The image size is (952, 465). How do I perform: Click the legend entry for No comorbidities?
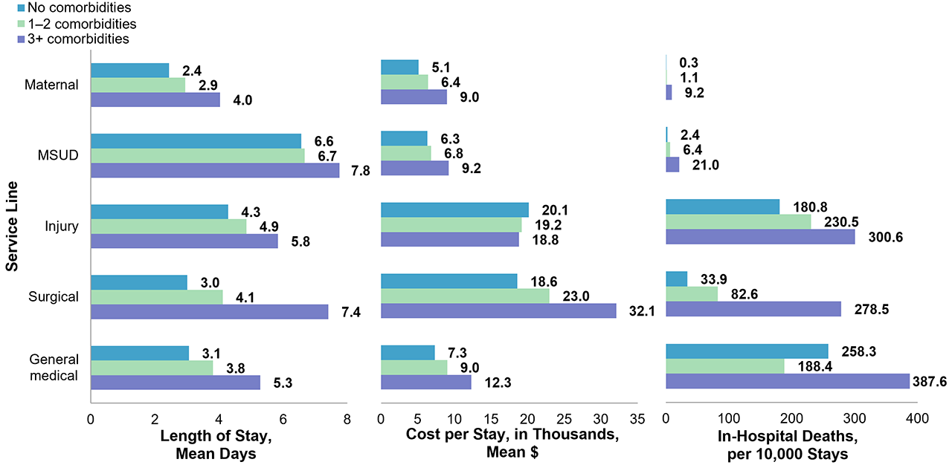point(74,9)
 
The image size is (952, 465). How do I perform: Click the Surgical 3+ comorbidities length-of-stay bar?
point(209,311)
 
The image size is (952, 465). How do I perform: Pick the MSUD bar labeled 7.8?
point(215,170)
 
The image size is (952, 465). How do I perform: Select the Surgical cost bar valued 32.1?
point(498,311)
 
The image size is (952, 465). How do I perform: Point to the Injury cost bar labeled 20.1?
point(454,210)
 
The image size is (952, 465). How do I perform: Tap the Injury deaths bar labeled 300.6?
point(760,237)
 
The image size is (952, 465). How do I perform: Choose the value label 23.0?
point(574,296)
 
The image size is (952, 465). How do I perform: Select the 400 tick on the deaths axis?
point(917,419)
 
